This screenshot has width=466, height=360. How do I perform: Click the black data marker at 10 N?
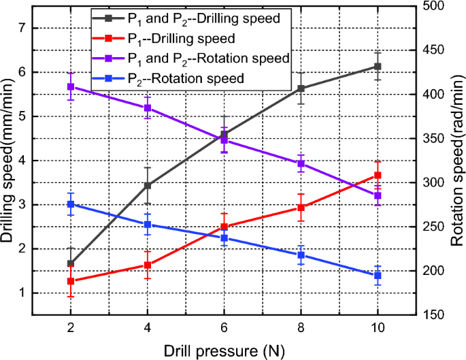pos(378,67)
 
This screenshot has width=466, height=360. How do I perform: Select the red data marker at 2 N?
pos(71,281)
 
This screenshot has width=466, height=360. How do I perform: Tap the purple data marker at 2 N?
pos(71,86)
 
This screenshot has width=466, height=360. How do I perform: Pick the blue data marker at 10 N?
pos(378,275)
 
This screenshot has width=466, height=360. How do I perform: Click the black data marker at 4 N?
pos(148,185)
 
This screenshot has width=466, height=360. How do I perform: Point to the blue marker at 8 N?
pos(301,255)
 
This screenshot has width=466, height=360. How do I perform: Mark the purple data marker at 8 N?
pos(301,163)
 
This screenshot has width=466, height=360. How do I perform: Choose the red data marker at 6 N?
pos(224,227)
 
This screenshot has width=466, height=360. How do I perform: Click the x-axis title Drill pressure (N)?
pos(224,350)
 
